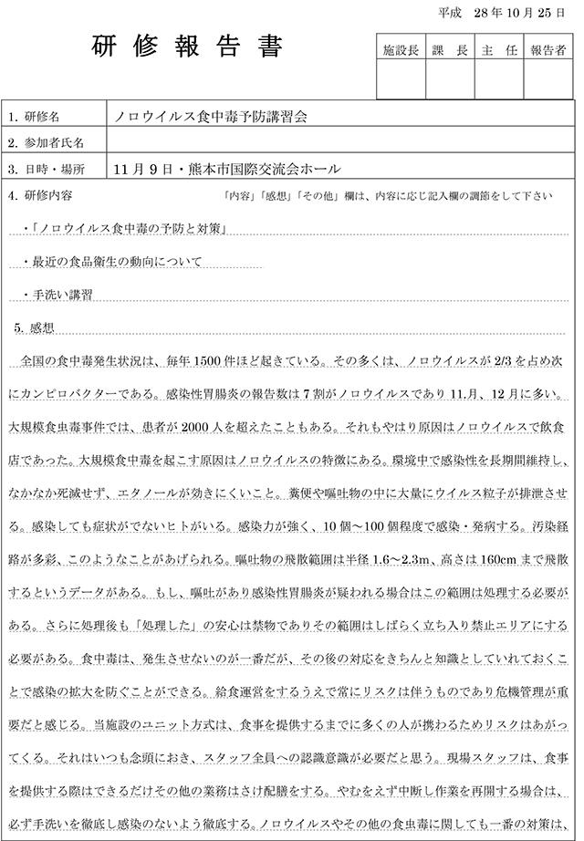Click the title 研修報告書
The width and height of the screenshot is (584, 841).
[x=188, y=48]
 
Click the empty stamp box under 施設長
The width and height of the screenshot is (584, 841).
[x=401, y=80]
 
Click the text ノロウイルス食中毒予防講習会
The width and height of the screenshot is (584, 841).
[x=211, y=118]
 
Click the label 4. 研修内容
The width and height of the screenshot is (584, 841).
[x=40, y=195]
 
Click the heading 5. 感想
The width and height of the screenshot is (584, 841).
[x=37, y=326]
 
